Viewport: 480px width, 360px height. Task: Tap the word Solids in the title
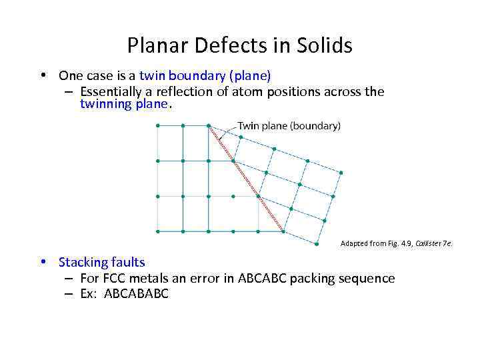324,45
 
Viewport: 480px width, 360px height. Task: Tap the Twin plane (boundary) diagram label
289,125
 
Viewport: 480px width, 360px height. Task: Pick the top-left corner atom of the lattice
157,125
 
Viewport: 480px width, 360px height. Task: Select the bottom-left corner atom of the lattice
157,231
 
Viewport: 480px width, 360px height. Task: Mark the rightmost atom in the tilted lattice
341,173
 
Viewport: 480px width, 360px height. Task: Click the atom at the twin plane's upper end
209,125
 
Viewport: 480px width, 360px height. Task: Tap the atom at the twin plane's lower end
284,231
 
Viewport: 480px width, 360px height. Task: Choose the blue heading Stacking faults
101,262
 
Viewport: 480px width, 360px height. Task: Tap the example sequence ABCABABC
135,294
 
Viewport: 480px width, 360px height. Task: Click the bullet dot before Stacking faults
43,262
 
